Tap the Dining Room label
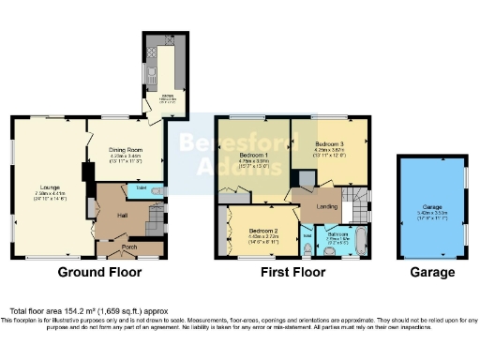point(125,150)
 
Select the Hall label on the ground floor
point(122,215)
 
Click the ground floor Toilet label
point(141,187)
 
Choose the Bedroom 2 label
point(262,230)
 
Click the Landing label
point(327,206)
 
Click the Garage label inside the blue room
point(432,208)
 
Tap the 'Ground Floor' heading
point(99,273)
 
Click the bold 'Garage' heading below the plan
point(432,273)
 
